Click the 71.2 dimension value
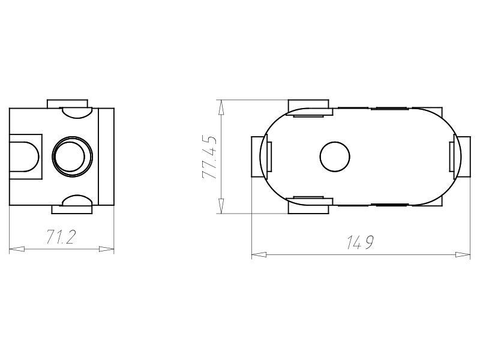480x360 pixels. tap(61, 238)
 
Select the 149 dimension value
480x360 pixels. tap(360, 243)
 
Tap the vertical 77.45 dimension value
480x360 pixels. tap(209, 157)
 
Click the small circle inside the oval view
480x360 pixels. tap(334, 157)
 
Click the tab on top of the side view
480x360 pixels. tap(67, 104)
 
